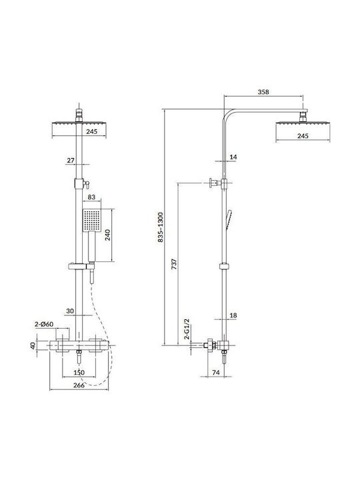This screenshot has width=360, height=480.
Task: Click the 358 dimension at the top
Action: (x=263, y=91)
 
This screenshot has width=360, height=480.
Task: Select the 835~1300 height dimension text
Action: (x=161, y=227)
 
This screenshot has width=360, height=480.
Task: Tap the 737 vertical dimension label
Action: (x=174, y=264)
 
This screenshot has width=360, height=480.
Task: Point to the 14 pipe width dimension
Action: (x=233, y=157)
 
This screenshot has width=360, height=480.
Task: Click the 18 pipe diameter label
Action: (x=233, y=315)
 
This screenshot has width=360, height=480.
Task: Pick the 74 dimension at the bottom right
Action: (x=216, y=373)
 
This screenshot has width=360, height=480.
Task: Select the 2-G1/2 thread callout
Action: (x=187, y=329)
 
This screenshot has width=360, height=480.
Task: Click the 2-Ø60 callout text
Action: (x=44, y=324)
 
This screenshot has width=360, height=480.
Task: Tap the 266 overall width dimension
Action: (x=79, y=385)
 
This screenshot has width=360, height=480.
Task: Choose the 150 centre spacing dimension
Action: (x=79, y=373)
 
